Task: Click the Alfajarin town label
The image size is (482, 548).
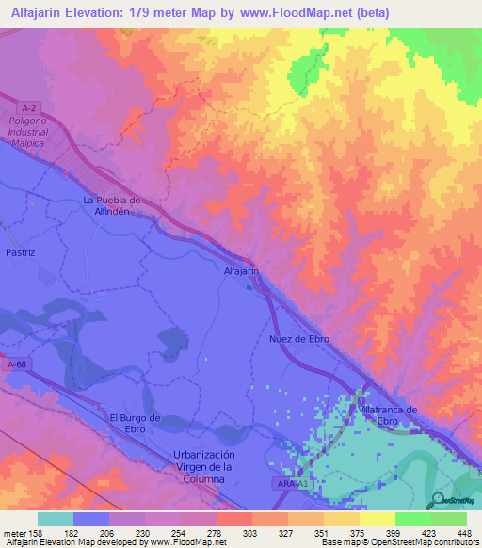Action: pos(241,271)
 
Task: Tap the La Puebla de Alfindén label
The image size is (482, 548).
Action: pos(112,205)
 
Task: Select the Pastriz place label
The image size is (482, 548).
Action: pos(20,253)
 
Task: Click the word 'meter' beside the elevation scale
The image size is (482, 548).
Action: pos(12,532)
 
